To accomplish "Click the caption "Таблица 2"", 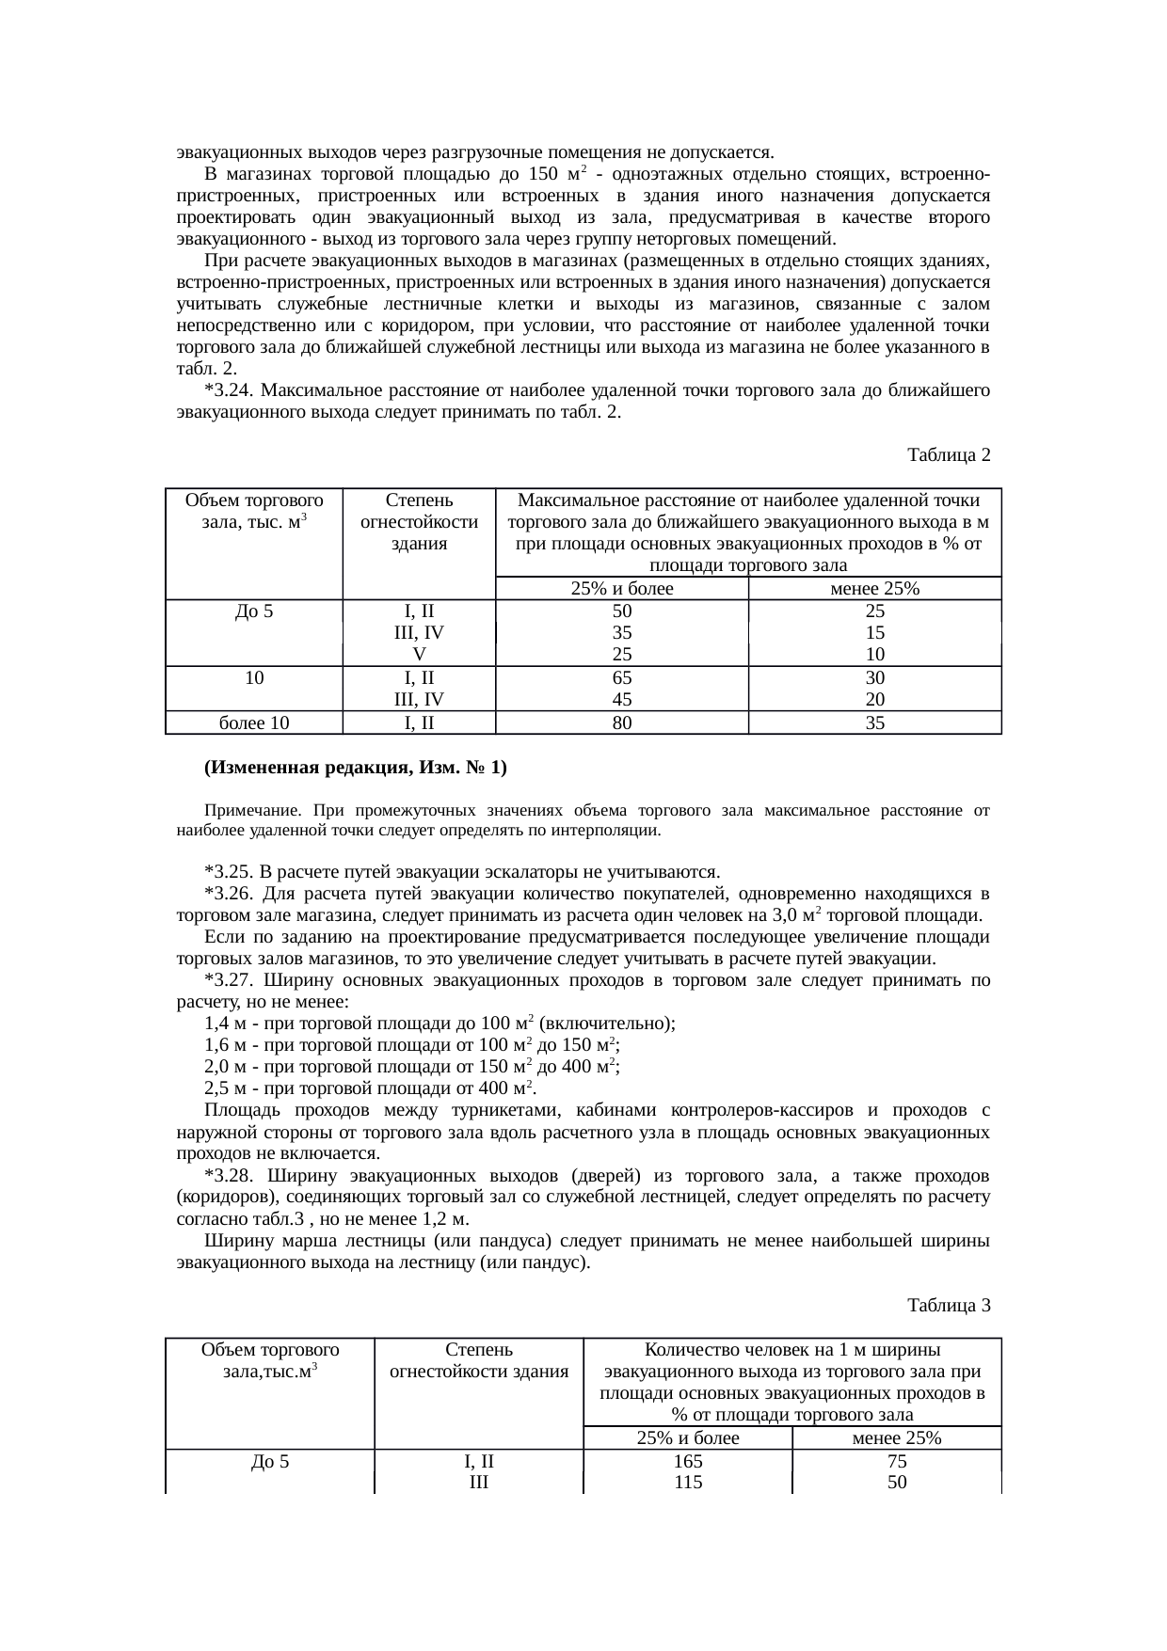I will click(x=948, y=455).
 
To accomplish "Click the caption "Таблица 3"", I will click(x=948, y=1306).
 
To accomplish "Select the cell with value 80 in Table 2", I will click(x=621, y=723).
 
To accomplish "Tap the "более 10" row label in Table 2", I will click(x=254, y=723).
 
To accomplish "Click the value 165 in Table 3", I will click(x=688, y=1463).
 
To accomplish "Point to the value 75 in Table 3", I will click(x=897, y=1463).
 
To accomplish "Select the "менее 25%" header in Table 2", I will click(x=874, y=590).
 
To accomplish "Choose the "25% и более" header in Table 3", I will click(x=688, y=1438).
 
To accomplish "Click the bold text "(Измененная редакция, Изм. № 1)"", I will click(x=355, y=768).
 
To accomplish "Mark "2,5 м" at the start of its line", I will click(x=224, y=1088).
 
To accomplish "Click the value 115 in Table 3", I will click(x=688, y=1483).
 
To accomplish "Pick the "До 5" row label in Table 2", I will click(x=254, y=611).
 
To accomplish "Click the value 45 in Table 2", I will click(x=621, y=699).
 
